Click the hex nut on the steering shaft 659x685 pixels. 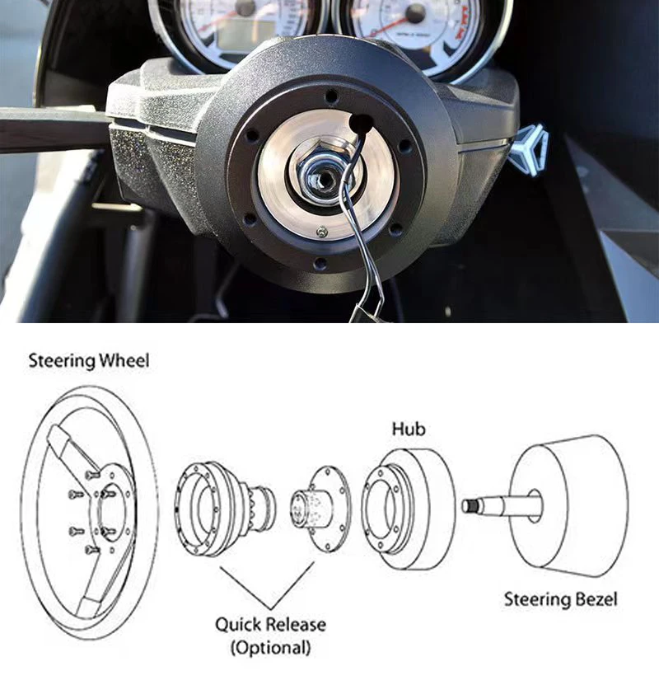coord(315,174)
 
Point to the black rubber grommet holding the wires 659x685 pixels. coord(361,124)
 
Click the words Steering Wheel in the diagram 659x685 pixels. coord(89,360)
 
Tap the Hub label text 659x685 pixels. coord(409,429)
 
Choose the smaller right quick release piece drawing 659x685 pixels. coord(321,505)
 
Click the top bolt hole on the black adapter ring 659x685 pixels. coord(331,96)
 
